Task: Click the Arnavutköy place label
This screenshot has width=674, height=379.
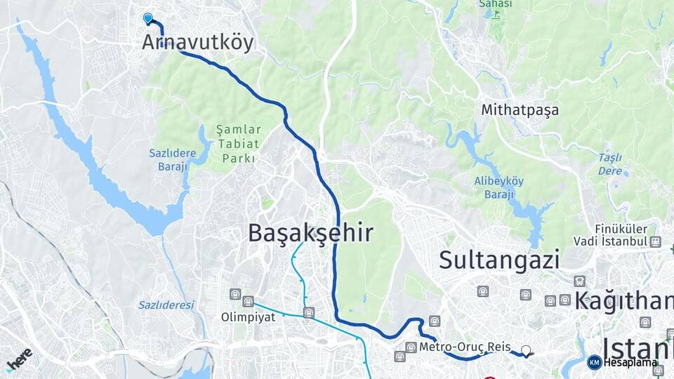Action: pos(197,42)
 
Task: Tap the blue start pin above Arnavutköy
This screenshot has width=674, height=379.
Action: pos(148,18)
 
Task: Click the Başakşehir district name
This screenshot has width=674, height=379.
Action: pos(310,234)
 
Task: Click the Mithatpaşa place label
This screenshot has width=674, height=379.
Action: pos(520,110)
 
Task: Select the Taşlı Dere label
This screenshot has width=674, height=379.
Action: pos(611,164)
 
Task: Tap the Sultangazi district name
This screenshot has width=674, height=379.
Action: pos(499,260)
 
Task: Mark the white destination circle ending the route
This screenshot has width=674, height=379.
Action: pos(526,350)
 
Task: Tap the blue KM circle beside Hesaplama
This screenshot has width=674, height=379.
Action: pos(594,362)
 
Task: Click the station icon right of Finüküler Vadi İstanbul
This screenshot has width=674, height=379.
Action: pos(655,242)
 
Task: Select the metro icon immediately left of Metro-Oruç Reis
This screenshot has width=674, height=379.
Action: pos(411,347)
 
